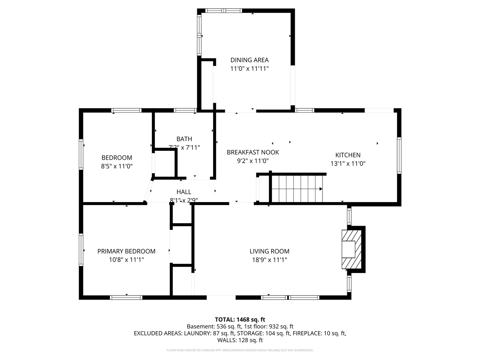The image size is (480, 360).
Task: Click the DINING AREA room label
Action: pos(249,60)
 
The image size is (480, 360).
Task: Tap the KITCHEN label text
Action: pos(348,155)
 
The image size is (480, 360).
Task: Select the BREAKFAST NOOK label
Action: pos(253,152)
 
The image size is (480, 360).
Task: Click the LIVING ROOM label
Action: pos(269,251)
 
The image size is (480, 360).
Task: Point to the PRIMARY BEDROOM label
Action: pos(126,251)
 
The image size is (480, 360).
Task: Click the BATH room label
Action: pos(184,139)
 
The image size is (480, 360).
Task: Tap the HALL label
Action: pos(184,192)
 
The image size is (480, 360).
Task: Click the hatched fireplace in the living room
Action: pos(352,249)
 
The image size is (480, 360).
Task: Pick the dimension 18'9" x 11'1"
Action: pos(269,259)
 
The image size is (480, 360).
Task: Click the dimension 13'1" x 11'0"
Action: pos(348,163)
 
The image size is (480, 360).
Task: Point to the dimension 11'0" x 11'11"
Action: pos(249,69)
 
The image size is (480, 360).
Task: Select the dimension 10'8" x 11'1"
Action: pos(126,259)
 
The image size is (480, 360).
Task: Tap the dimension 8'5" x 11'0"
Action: pos(117,166)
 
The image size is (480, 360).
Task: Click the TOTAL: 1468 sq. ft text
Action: pos(240,319)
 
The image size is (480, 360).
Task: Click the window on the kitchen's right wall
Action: pos(399,155)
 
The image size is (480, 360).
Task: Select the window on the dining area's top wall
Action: pos(224,10)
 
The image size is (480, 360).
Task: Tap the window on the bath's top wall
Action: pos(185,110)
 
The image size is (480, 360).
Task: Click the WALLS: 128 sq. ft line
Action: pos(240,340)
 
